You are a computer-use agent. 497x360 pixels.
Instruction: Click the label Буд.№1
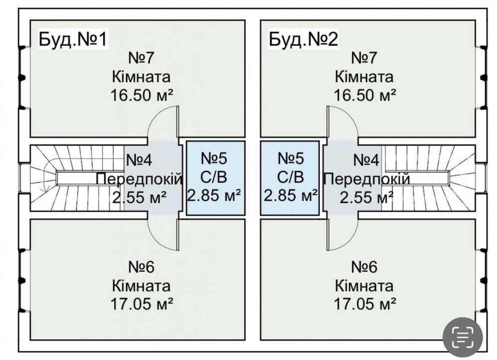[73, 39]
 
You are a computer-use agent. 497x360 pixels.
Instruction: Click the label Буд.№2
[303, 39]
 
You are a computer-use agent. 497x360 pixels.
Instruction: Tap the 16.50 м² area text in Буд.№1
[142, 94]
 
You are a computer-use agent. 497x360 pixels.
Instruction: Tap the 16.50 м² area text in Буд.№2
[365, 94]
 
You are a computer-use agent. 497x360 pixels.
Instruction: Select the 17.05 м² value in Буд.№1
[142, 303]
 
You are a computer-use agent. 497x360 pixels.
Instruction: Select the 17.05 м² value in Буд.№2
[365, 303]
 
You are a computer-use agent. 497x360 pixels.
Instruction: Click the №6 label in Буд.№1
[142, 267]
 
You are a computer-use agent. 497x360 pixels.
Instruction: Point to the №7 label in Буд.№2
[365, 58]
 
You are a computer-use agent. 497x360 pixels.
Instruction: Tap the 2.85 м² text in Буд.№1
[215, 195]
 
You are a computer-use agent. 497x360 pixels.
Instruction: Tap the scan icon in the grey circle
[462, 337]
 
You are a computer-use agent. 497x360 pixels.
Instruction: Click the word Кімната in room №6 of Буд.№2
[365, 286]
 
